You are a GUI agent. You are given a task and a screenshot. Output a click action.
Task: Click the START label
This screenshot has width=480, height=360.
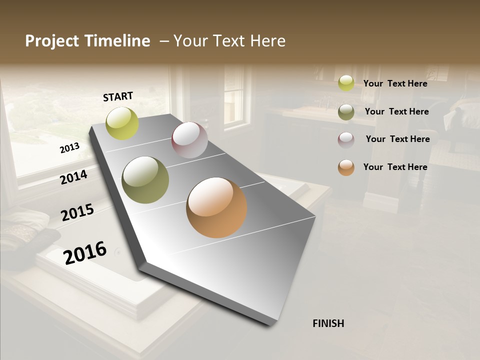pyautogui.click(x=118, y=96)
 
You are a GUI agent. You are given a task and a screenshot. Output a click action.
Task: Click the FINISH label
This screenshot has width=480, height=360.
pyautogui.click(x=328, y=323)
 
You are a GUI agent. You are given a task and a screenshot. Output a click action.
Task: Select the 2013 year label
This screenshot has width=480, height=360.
pyautogui.click(x=69, y=148)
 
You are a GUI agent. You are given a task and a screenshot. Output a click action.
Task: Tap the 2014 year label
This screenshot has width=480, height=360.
pyautogui.click(x=73, y=177)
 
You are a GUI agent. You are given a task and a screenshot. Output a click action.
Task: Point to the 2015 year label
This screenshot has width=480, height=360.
pyautogui.click(x=77, y=212)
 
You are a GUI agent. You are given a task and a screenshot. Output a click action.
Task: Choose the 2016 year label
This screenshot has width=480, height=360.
pyautogui.click(x=85, y=252)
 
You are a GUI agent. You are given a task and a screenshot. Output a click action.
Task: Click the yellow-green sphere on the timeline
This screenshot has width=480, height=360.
pyautogui.click(x=122, y=123)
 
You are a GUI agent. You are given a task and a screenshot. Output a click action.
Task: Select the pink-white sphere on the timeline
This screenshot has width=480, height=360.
pyautogui.click(x=189, y=140)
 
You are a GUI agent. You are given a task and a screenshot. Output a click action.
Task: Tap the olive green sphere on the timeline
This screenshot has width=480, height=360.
pyautogui.click(x=145, y=179)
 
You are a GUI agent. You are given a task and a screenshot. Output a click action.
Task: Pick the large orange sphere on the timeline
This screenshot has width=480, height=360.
pyautogui.click(x=216, y=207)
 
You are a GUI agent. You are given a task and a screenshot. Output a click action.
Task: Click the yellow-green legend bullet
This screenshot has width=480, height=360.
pyautogui.click(x=346, y=83)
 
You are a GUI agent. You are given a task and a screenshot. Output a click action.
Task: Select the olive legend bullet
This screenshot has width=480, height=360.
pyautogui.click(x=346, y=111)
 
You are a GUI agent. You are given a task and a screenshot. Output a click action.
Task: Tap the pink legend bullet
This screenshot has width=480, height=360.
pyautogui.click(x=346, y=139)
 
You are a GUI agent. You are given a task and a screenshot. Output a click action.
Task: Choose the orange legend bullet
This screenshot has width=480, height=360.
pyautogui.click(x=346, y=167)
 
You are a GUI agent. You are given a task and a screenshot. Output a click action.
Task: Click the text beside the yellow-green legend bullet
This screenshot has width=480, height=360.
pyautogui.click(x=395, y=83)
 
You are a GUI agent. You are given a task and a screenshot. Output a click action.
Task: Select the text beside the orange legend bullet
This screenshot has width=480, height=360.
pyautogui.click(x=395, y=167)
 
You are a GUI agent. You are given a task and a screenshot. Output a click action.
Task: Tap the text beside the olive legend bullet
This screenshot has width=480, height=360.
pyautogui.click(x=396, y=111)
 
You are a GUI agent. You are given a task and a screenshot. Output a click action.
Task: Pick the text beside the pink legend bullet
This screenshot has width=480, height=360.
pyautogui.click(x=397, y=139)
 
